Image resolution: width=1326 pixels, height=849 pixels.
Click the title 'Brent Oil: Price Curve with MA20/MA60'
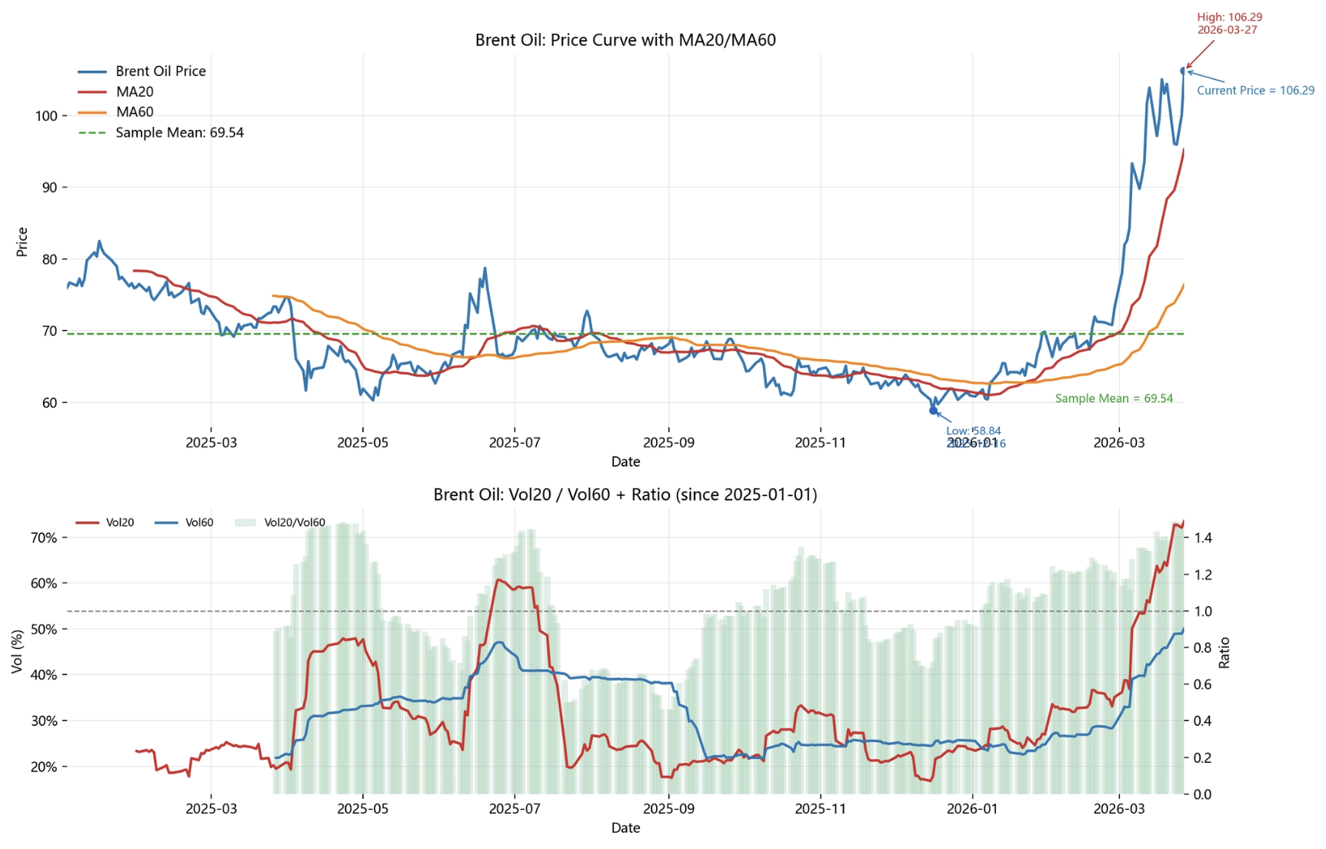click(625, 40)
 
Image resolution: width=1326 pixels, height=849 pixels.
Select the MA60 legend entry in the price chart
click(135, 112)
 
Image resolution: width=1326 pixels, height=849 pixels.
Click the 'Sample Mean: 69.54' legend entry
click(179, 133)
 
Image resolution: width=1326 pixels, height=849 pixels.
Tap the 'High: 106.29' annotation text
click(1229, 17)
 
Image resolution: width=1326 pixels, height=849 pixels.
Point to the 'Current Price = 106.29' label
click(1255, 91)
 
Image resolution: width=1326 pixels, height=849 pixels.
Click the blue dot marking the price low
click(934, 411)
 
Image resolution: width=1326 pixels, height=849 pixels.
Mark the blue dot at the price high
click(1184, 71)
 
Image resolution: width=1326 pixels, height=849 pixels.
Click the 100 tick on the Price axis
click(45, 116)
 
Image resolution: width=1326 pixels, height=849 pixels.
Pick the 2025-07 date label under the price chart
click(515, 443)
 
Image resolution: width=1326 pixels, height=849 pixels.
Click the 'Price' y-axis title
click(22, 242)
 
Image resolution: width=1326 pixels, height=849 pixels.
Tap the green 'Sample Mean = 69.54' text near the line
click(1114, 398)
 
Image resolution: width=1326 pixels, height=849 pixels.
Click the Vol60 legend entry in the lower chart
click(199, 523)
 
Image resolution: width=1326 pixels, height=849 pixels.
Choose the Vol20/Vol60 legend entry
click(295, 523)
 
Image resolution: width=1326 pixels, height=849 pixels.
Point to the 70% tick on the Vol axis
click(44, 538)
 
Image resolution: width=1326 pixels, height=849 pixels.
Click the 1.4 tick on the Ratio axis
click(1203, 538)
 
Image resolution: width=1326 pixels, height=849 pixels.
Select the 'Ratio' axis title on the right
click(1224, 652)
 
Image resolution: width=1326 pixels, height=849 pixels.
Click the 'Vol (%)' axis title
click(18, 652)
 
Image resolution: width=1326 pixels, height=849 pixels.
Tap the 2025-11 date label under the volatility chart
click(820, 809)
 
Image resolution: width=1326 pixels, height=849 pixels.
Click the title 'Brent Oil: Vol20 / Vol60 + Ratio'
click(625, 494)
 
